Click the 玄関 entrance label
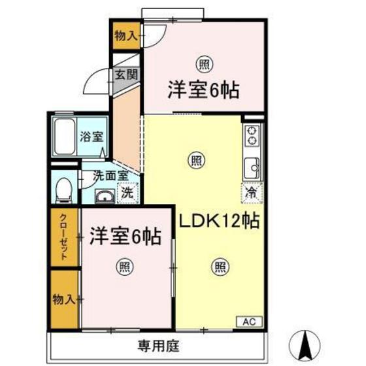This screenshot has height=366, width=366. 126,74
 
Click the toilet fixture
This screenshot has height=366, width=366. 63,190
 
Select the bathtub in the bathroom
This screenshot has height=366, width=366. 63,137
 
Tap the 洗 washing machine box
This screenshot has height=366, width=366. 128,193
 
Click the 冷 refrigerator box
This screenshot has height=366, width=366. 252,192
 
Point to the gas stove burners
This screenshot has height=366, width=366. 252,137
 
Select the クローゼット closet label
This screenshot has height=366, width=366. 64,237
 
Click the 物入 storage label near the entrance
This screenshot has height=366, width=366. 125,37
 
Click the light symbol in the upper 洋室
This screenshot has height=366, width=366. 203,63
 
